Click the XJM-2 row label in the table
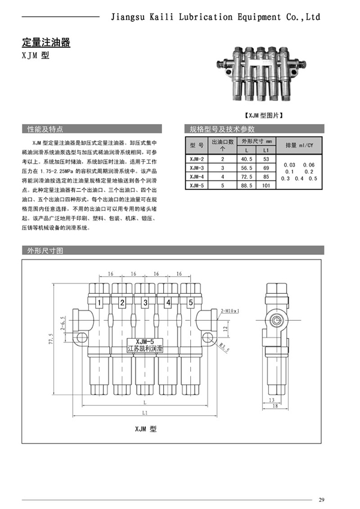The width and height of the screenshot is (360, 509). click(197, 159)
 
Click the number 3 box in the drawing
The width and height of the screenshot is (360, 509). click(145, 302)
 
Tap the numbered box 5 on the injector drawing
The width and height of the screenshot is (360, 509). click(191, 302)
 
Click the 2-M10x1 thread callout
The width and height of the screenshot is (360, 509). click(230, 311)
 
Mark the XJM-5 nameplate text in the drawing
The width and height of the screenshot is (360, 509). click(145, 341)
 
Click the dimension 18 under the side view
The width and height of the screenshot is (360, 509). click(274, 406)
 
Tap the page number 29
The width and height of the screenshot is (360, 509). click(322, 499)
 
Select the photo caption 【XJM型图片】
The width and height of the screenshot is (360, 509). click(264, 115)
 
